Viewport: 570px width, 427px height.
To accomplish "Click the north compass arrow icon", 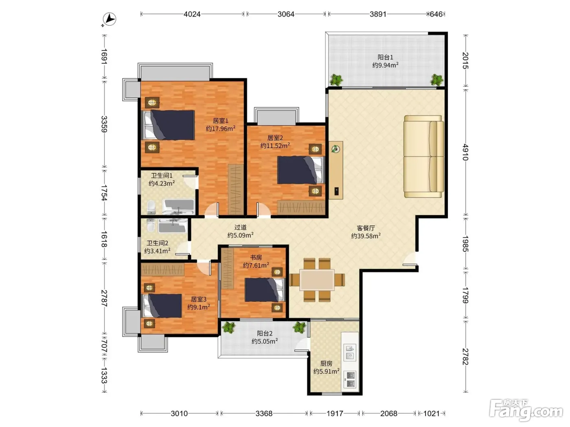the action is pyautogui.click(x=110, y=20).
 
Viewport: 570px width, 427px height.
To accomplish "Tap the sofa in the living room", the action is pyautogui.click(x=423, y=157).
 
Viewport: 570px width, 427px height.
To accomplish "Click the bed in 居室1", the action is pyautogui.click(x=168, y=125).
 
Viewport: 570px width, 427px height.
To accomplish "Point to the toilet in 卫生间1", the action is pyautogui.click(x=151, y=207).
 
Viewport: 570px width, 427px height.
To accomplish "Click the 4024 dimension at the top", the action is pyautogui.click(x=192, y=14).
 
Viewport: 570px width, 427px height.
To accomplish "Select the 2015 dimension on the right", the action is pyautogui.click(x=465, y=61).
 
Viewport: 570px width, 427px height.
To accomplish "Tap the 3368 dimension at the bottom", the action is pyautogui.click(x=264, y=413).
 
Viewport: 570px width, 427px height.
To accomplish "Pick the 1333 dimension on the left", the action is pyautogui.click(x=104, y=375).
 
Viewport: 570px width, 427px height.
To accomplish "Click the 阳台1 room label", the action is pyautogui.click(x=385, y=57).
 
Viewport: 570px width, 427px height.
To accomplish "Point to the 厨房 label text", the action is pyautogui.click(x=326, y=363).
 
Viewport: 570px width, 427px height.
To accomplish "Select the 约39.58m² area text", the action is pyautogui.click(x=366, y=236).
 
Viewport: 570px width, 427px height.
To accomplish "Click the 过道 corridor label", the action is pyautogui.click(x=240, y=227).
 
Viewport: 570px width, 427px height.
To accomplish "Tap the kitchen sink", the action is pyautogui.click(x=349, y=353).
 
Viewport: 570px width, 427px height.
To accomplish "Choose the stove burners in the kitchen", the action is pyautogui.click(x=349, y=379).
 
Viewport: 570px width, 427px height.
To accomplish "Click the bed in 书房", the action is pyautogui.click(x=265, y=290).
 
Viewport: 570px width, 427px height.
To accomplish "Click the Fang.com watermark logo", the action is pyautogui.click(x=526, y=411).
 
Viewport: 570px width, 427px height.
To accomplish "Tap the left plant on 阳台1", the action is pyautogui.click(x=336, y=80).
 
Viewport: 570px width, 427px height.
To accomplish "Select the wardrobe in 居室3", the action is pyautogui.click(x=162, y=270).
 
